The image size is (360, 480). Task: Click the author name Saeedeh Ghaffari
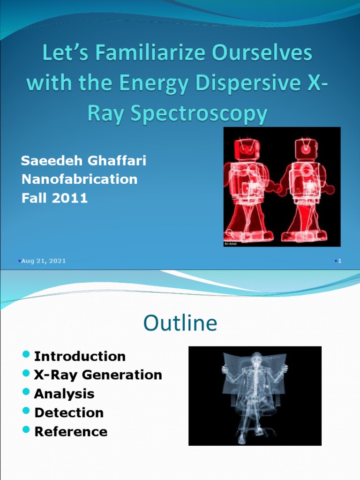84,161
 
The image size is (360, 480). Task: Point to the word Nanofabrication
80,179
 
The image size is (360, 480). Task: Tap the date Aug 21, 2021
44,261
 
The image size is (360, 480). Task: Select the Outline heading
180,323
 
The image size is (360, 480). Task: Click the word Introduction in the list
80,356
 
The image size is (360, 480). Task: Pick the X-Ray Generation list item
98,375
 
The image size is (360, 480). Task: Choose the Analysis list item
64,394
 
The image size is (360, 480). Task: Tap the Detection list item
69,412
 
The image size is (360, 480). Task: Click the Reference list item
71,431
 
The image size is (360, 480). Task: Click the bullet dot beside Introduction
26,354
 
